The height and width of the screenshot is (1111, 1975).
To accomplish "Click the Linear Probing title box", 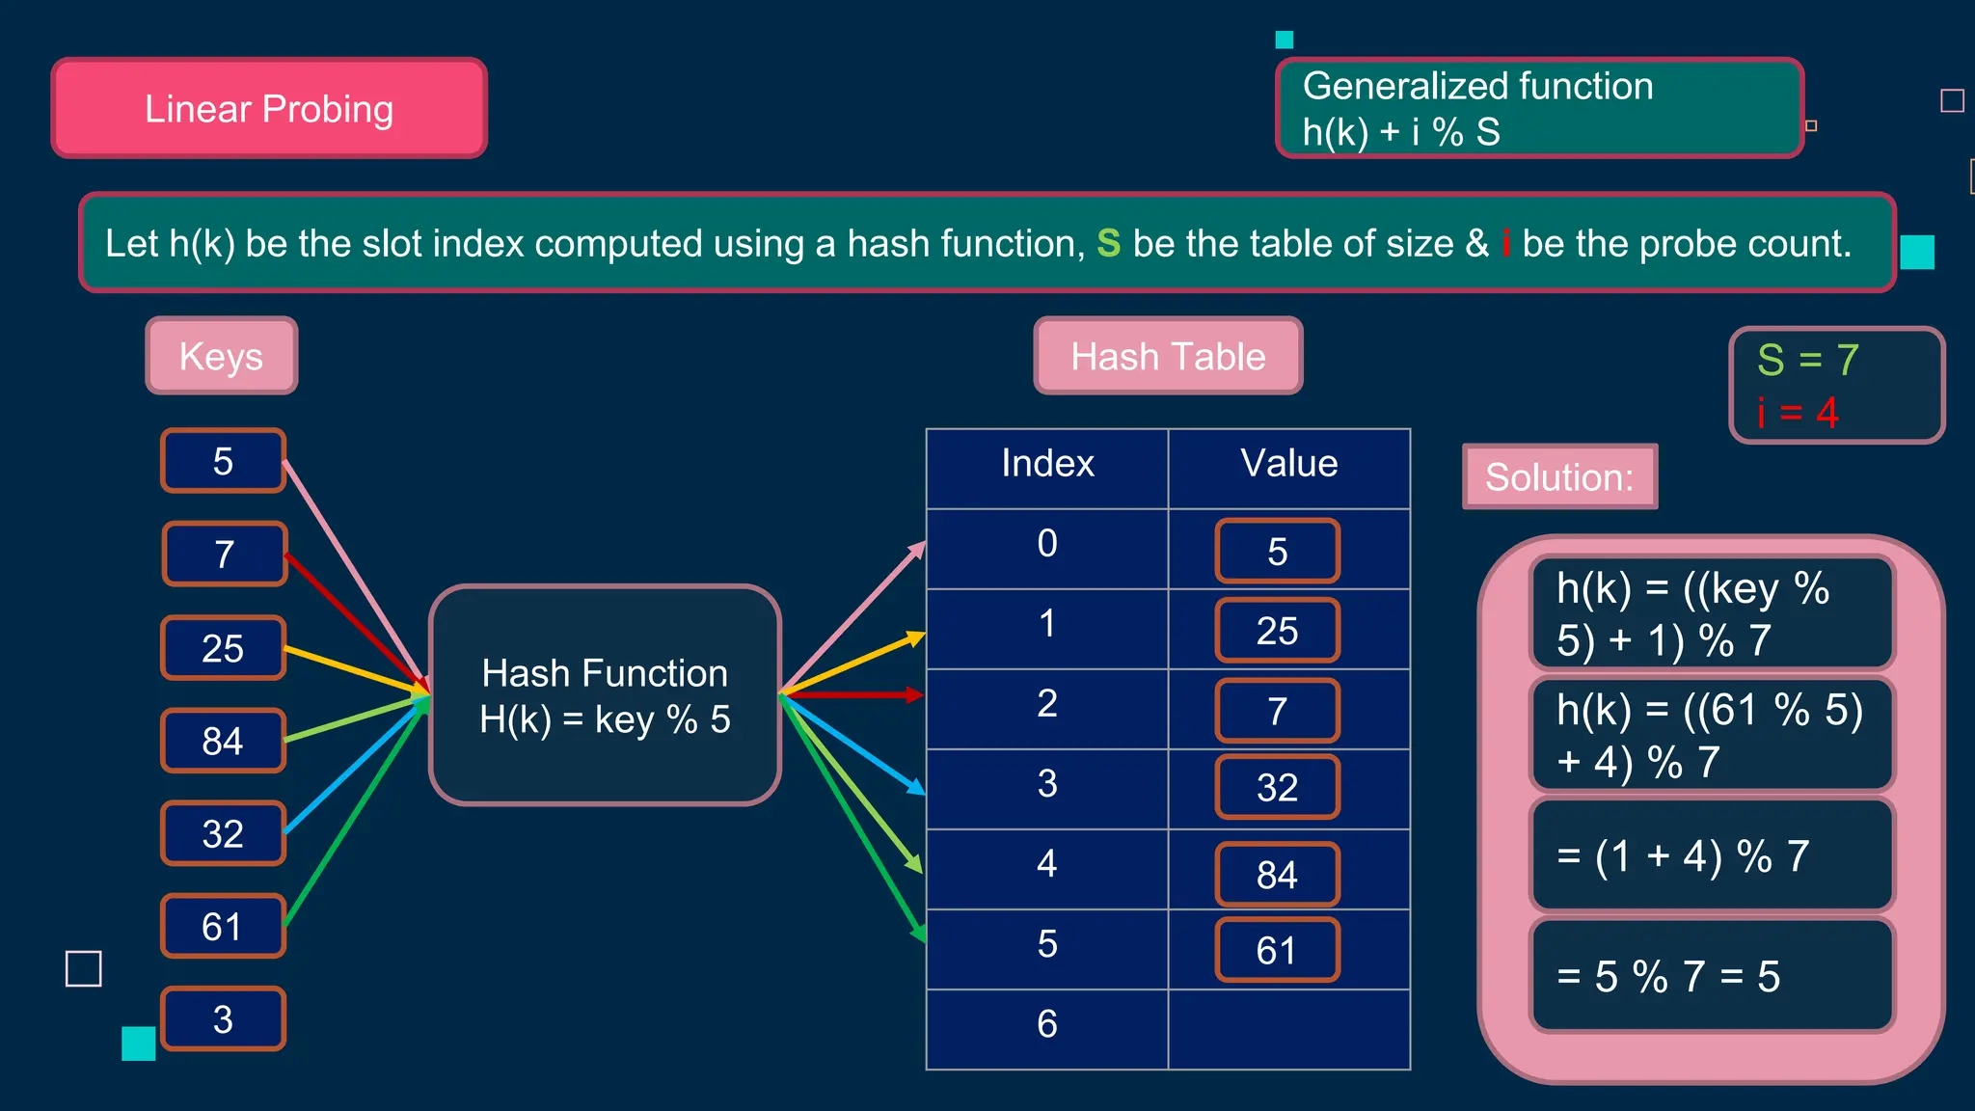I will [x=269, y=108].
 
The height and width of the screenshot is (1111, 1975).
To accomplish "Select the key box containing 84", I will [x=223, y=741].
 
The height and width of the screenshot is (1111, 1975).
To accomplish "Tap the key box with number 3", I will [x=223, y=1018].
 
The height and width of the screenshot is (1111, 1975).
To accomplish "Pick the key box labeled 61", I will [x=223, y=926].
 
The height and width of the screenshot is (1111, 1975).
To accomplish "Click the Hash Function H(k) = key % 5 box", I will [x=605, y=695].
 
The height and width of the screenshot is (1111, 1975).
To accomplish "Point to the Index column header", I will [x=1047, y=464].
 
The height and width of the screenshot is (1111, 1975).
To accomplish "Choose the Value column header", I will [x=1288, y=464].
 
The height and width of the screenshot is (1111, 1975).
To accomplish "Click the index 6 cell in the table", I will [x=1047, y=1024].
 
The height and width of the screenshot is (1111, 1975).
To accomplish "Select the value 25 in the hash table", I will [x=1277, y=631].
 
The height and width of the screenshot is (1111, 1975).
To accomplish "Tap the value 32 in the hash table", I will [x=1277, y=787].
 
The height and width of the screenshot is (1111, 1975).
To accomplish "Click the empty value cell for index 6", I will [x=1288, y=1028].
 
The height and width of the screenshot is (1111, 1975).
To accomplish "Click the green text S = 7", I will [x=1807, y=360].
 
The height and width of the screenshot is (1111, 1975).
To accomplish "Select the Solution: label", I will [x=1559, y=476].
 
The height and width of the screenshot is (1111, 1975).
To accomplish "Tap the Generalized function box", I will [x=1539, y=108].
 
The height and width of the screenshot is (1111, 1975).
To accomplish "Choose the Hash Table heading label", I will [x=1168, y=356].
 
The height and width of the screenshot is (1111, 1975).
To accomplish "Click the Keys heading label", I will [x=221, y=356].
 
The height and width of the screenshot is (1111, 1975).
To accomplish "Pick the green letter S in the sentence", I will [x=1108, y=243].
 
